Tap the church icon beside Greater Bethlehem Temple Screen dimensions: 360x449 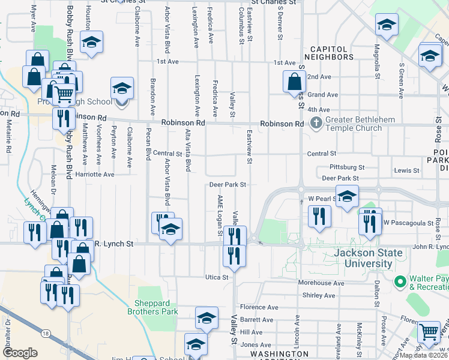(x=317, y=123)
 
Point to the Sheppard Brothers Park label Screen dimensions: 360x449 (x=152, y=307)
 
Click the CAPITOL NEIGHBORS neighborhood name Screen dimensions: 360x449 (x=329, y=53)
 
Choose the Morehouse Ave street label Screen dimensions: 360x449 (x=322, y=283)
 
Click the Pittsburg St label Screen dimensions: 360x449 (x=348, y=167)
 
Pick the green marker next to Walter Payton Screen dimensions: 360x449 (x=400, y=281)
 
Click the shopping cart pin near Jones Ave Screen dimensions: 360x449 (x=428, y=331)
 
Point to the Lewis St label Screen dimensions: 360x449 (x=407, y=171)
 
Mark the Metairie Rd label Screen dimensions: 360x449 (x=9, y=139)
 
